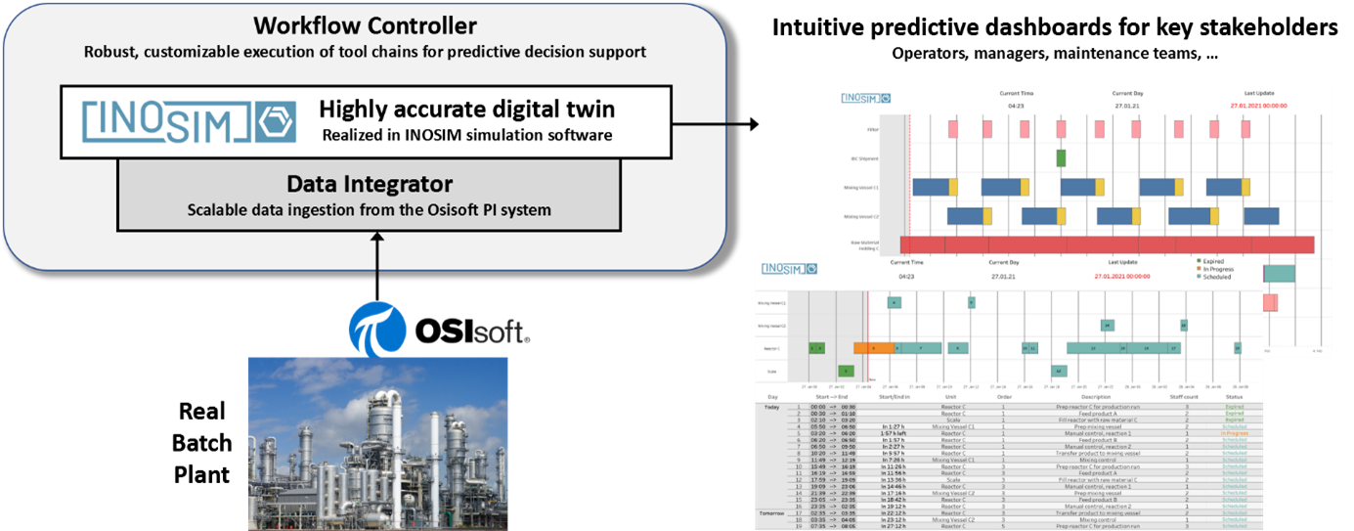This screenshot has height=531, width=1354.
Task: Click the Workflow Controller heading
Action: (x=366, y=25)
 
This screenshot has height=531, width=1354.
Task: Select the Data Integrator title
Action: (x=369, y=183)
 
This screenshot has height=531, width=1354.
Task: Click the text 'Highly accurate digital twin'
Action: (x=466, y=110)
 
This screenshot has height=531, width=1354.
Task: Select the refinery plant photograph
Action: (x=378, y=442)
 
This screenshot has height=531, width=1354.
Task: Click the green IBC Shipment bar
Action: (x=1061, y=157)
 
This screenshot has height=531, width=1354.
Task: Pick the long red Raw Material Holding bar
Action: (x=1106, y=244)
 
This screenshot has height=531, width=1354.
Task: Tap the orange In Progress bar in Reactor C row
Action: (x=873, y=347)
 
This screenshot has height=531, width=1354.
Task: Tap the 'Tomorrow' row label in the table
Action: (x=772, y=512)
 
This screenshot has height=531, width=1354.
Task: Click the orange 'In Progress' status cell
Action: (x=1234, y=433)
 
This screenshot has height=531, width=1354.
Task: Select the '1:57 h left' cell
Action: (x=895, y=433)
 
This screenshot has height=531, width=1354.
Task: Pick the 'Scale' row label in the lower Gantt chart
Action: (x=772, y=372)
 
